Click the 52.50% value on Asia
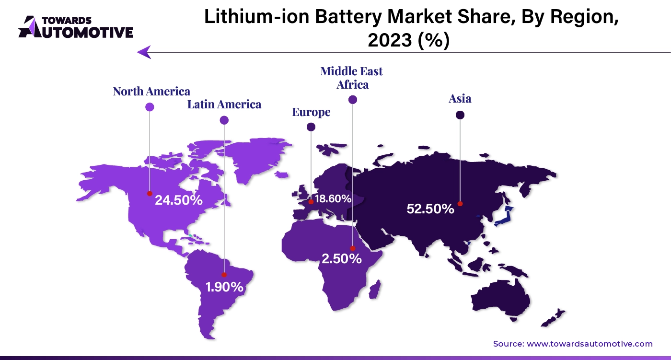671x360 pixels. [x=430, y=209]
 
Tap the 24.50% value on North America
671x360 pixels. [x=178, y=200]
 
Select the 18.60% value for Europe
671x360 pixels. [x=333, y=198]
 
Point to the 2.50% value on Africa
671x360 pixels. [x=341, y=259]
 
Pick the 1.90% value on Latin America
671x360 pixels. [x=224, y=287]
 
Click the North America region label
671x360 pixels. [x=151, y=91]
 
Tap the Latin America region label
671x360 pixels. [x=224, y=104]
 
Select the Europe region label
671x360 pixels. [x=311, y=112]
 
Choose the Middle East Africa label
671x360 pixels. [x=352, y=78]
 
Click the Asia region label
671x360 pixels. [x=460, y=99]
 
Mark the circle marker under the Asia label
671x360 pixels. [x=460, y=115]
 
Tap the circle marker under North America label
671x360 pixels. [x=150, y=107]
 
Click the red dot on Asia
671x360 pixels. [x=460, y=204]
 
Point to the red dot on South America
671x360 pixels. [x=224, y=275]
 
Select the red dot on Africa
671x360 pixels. [x=353, y=248]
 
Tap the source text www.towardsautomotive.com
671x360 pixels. [x=590, y=344]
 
